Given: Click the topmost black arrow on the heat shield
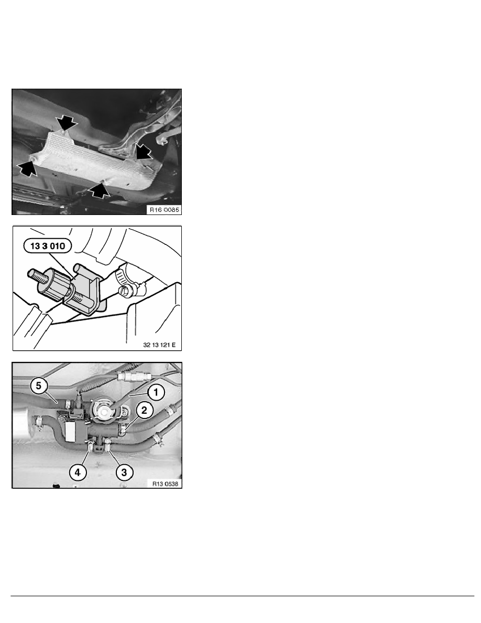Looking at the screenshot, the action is pyautogui.click(x=67, y=123).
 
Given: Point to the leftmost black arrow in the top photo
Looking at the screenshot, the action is pyautogui.click(x=27, y=168).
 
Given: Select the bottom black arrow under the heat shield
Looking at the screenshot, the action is pyautogui.click(x=99, y=190).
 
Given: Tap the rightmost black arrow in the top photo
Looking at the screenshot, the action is pyautogui.click(x=144, y=152).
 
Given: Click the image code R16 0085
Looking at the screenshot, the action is pyautogui.click(x=164, y=210).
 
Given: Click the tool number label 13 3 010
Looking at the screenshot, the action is pyautogui.click(x=48, y=246).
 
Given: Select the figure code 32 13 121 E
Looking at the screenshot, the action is pyautogui.click(x=159, y=345).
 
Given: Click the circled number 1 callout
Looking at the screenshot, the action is pyautogui.click(x=156, y=393).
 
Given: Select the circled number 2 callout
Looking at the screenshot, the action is pyautogui.click(x=144, y=410).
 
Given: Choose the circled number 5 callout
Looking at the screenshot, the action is pyautogui.click(x=38, y=386).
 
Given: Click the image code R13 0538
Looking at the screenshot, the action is pyautogui.click(x=165, y=484).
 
